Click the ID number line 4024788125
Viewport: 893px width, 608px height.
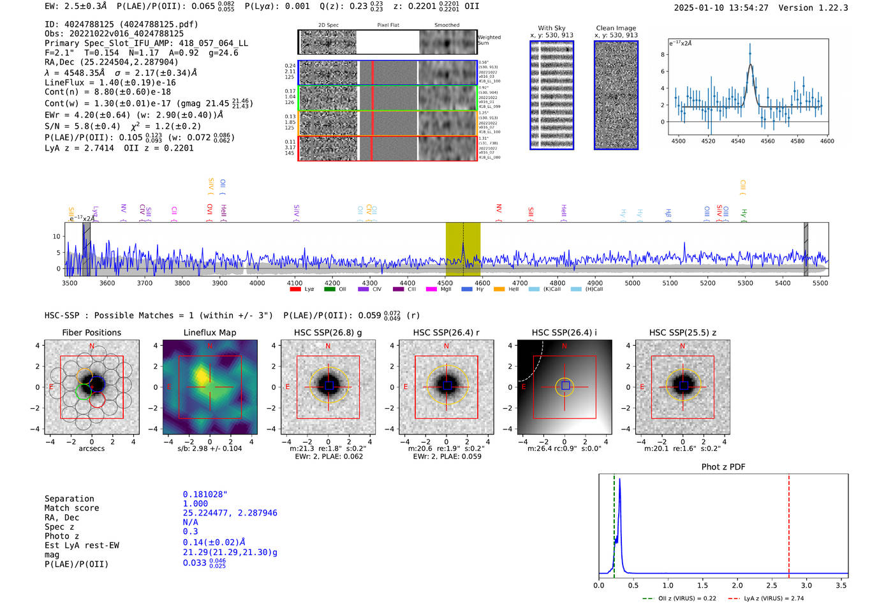(x=121, y=24)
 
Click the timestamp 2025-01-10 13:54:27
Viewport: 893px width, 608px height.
(x=721, y=8)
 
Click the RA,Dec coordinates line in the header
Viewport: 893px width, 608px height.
(x=112, y=62)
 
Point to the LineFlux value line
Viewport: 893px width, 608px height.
(x=110, y=82)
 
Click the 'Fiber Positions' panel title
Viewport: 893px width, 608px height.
(x=91, y=332)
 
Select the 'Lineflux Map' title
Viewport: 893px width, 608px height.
(x=210, y=332)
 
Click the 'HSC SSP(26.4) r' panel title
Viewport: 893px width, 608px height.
(x=447, y=332)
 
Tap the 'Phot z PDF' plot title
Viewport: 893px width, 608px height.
(x=723, y=466)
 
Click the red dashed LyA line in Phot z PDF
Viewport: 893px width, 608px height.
(x=789, y=523)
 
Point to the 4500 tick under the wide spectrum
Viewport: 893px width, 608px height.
(x=445, y=283)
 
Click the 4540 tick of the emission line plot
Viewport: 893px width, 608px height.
(x=738, y=141)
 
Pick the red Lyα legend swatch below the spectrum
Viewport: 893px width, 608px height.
(x=295, y=289)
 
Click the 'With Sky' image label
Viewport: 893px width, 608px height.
(x=552, y=28)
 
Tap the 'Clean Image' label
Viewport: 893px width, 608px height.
(x=616, y=28)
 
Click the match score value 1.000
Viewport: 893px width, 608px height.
(x=195, y=503)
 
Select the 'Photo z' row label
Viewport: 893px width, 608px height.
(x=61, y=536)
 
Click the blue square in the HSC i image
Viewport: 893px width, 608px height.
(x=565, y=386)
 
